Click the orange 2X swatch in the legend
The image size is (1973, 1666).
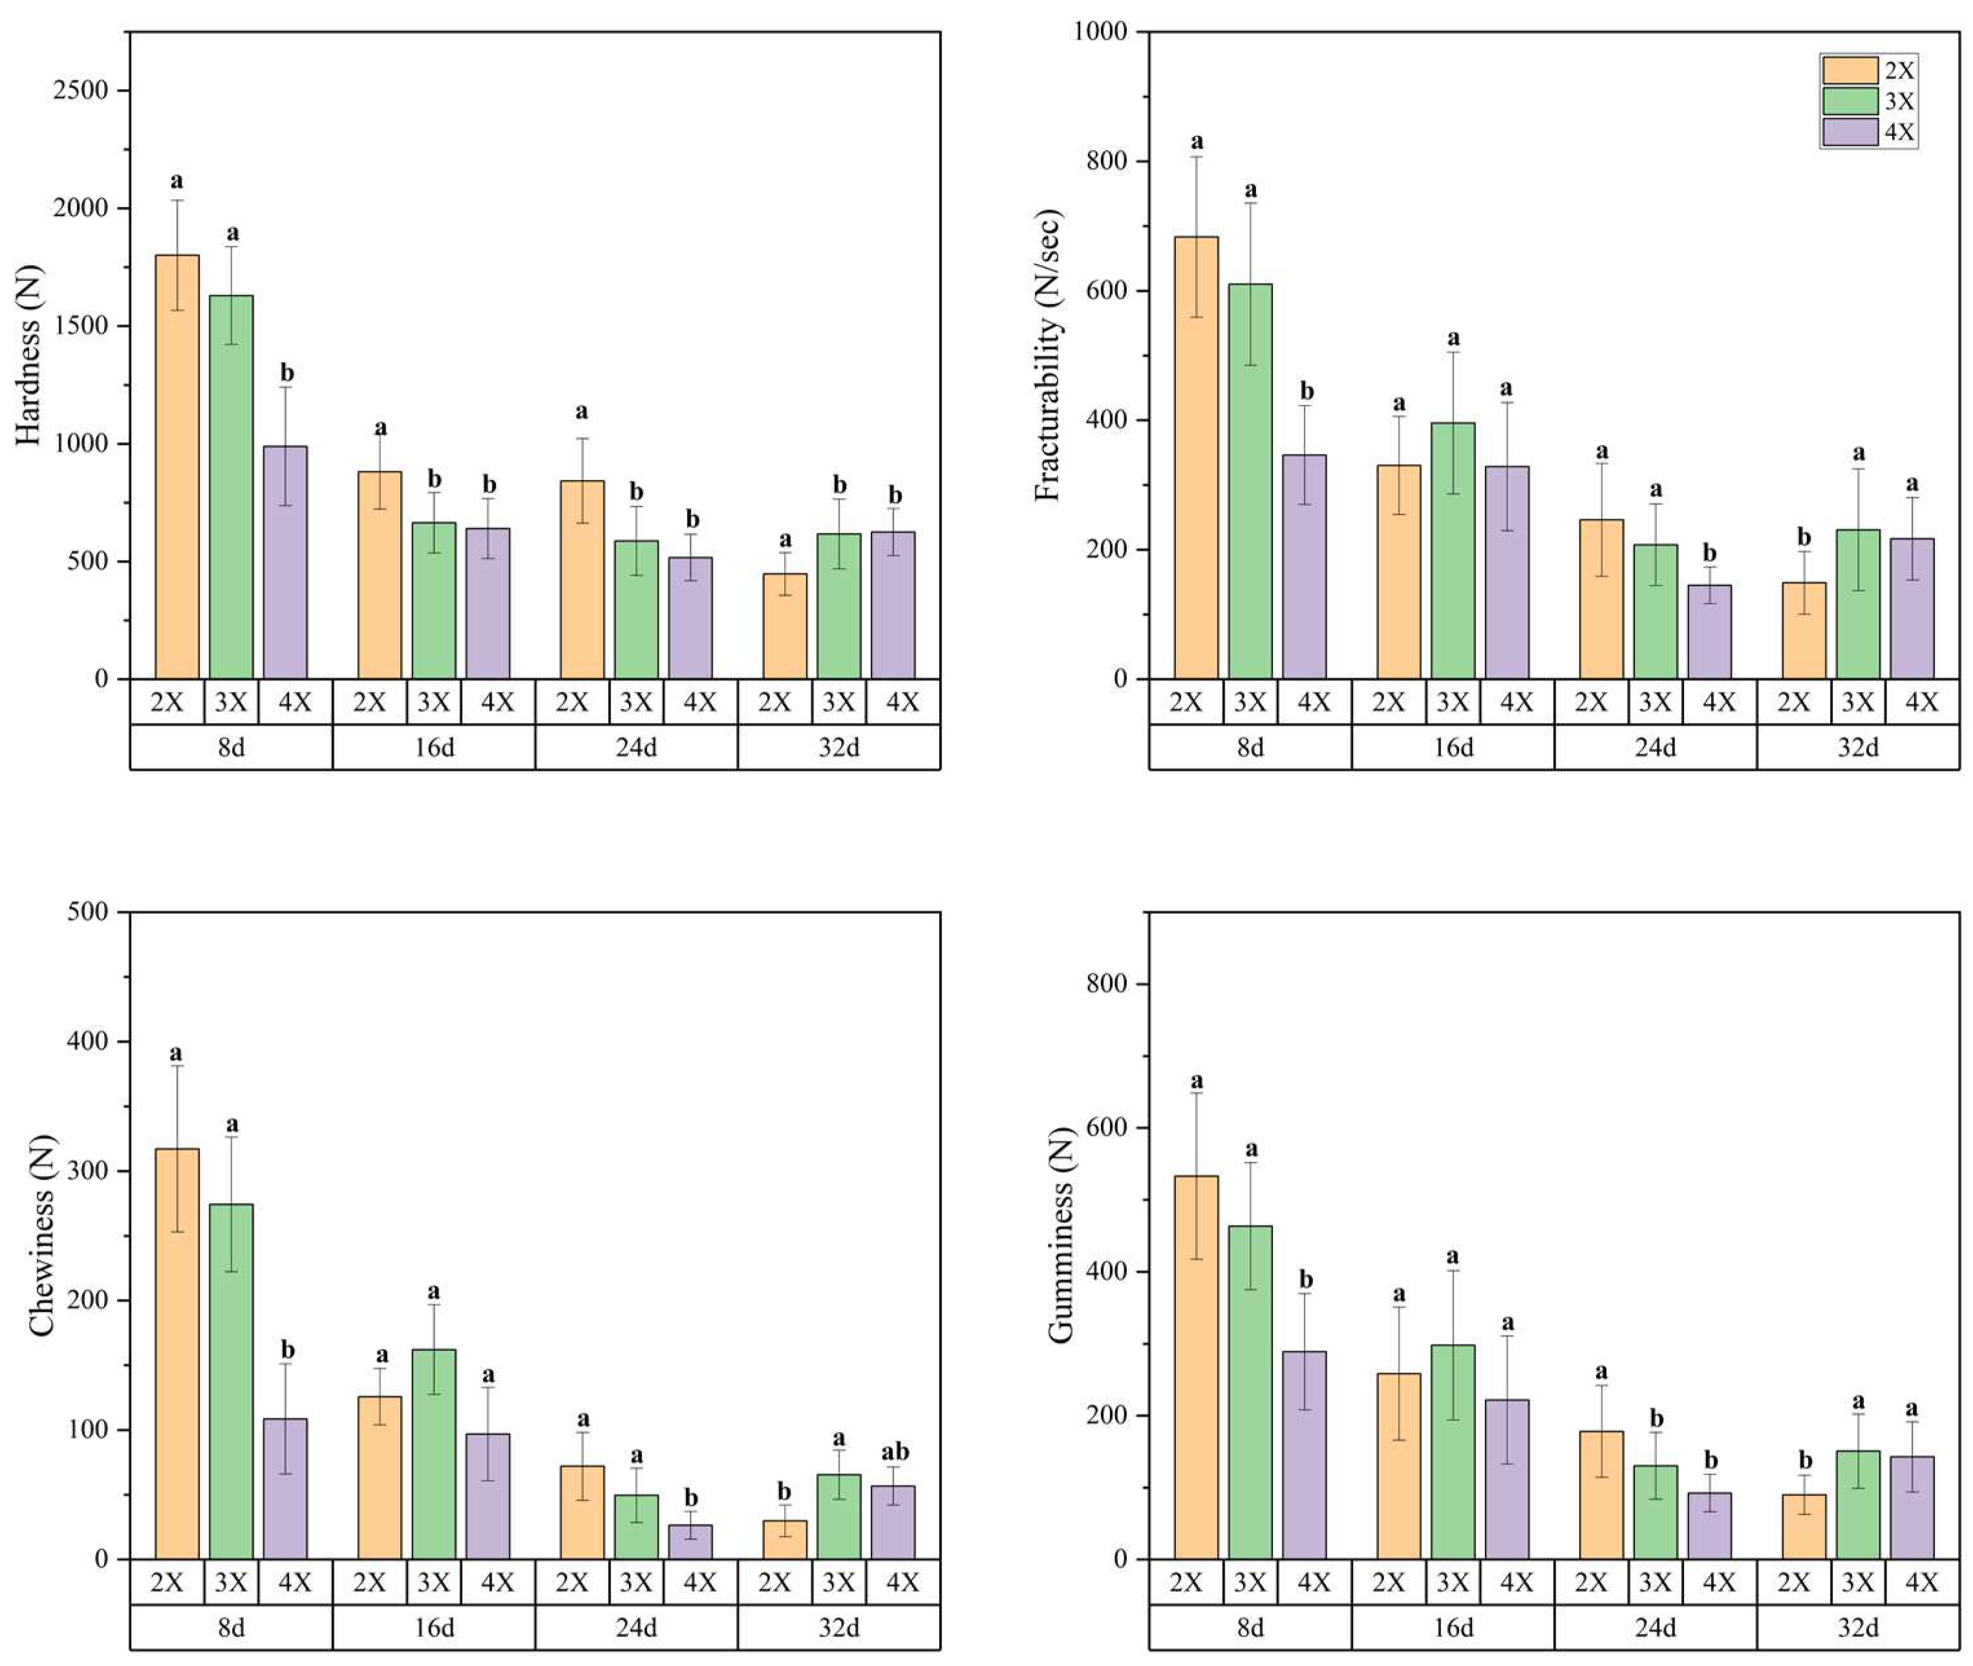1850,70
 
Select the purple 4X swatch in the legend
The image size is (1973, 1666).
1850,131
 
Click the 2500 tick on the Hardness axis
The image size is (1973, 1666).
80,91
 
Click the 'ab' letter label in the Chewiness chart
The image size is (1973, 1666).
894,1452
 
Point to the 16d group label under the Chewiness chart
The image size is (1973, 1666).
433,1627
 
